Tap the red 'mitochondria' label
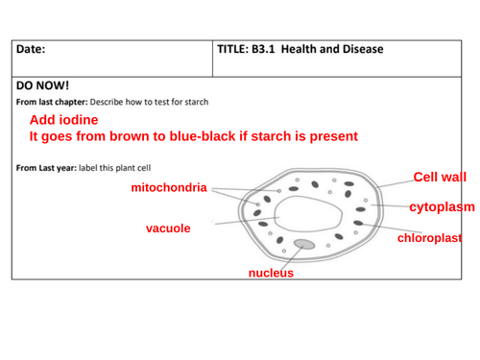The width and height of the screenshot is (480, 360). (169, 187)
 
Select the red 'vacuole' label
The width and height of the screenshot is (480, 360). (167, 228)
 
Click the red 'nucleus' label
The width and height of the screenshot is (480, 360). (271, 273)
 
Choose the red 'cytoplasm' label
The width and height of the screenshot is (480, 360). (443, 206)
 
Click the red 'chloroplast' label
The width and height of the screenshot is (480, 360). (430, 237)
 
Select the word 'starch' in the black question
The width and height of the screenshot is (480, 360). (195, 102)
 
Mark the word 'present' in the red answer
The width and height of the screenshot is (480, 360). (331, 136)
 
